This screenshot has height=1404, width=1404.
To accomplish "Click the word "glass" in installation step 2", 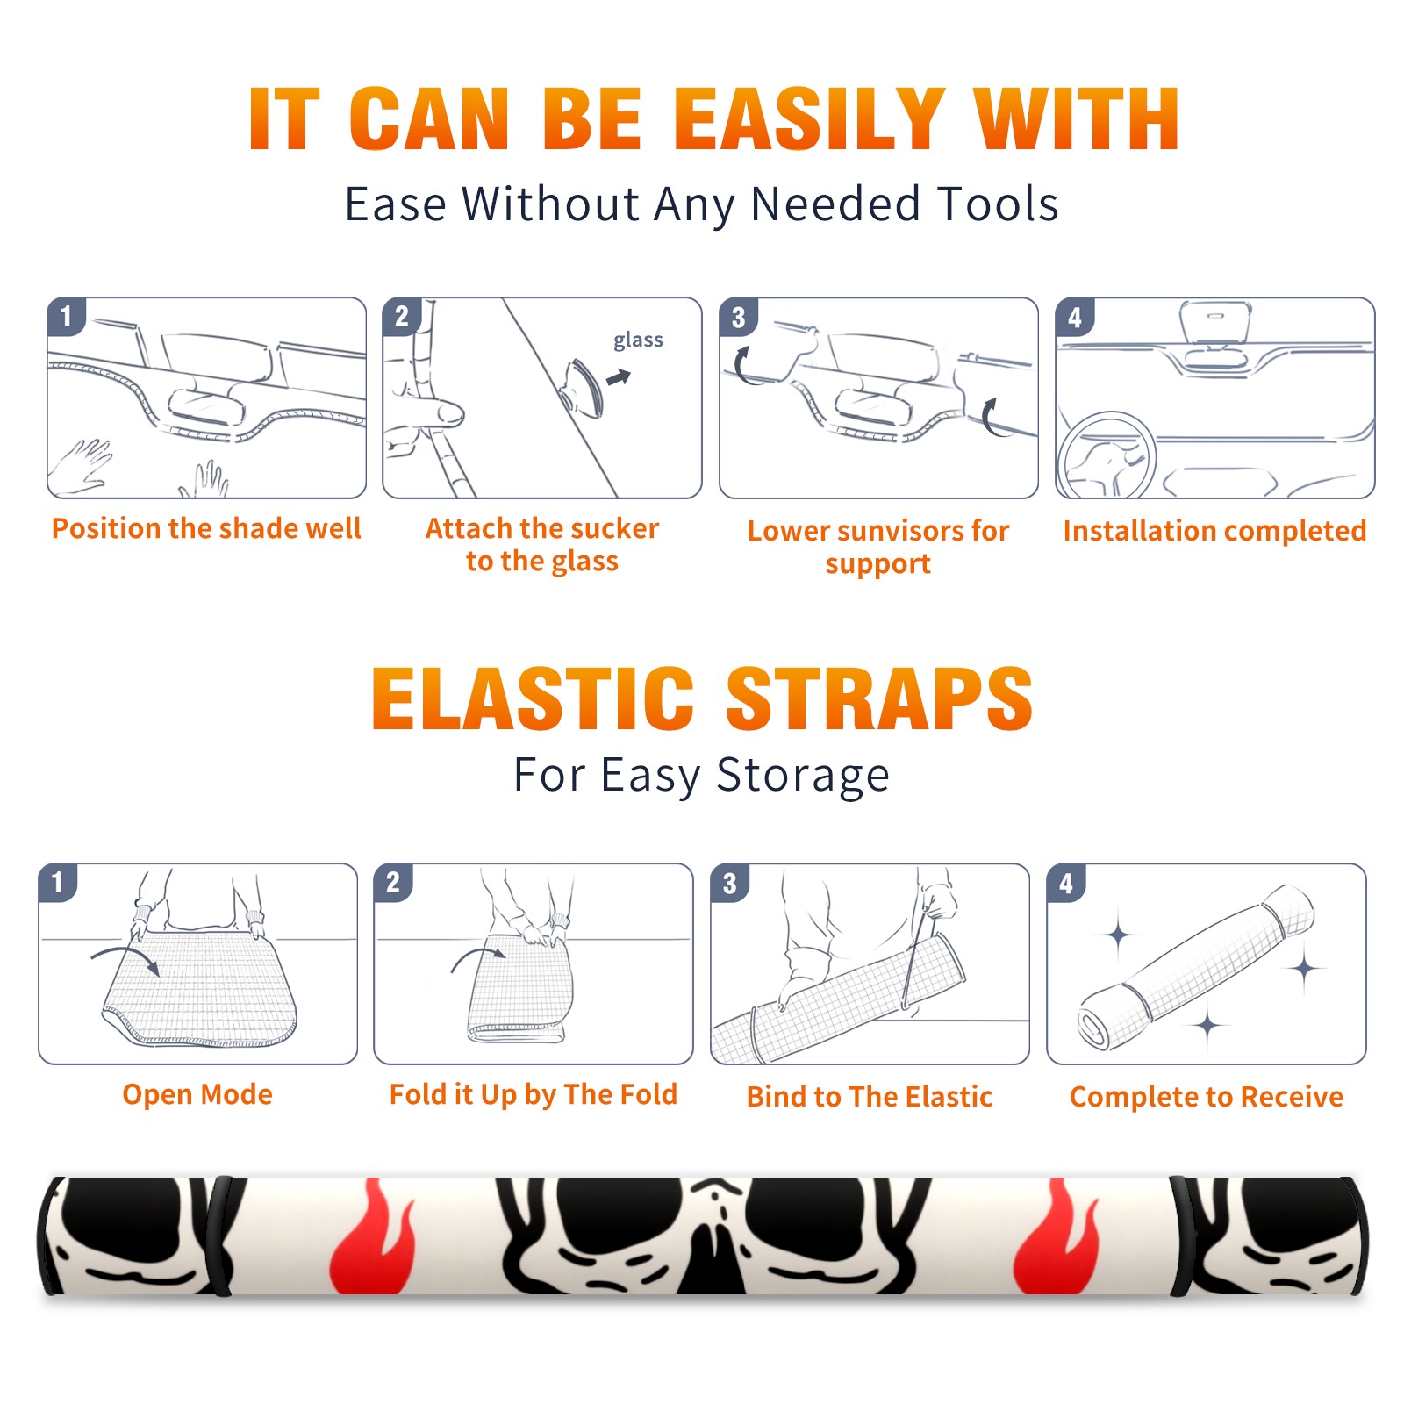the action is (x=638, y=340).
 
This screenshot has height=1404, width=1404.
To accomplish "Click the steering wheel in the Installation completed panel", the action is (x=1107, y=456).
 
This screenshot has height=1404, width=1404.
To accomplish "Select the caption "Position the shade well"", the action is (x=206, y=528).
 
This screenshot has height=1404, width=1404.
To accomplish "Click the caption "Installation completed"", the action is (x=1214, y=531).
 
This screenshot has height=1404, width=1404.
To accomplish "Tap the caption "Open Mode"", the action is (x=197, y=1094).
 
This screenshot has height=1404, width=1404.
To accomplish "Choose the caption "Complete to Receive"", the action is (x=1207, y=1097).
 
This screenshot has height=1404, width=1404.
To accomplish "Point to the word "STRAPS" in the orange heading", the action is (x=879, y=698).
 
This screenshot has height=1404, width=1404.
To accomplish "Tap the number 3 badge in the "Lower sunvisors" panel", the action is (x=738, y=317).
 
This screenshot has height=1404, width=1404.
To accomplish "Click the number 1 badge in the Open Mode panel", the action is (x=58, y=882).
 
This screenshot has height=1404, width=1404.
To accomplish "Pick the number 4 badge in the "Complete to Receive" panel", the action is (x=1066, y=883).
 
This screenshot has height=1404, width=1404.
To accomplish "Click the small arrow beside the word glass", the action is (x=620, y=378).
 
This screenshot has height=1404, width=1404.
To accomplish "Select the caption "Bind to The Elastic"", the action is (x=870, y=1097).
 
